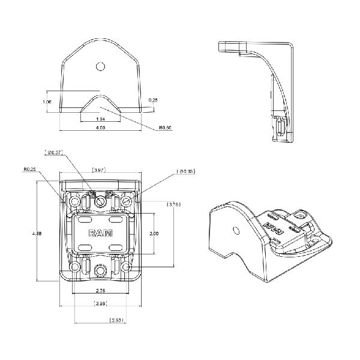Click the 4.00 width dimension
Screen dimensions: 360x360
click(x=100, y=128)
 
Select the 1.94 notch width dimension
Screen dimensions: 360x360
click(x=100, y=120)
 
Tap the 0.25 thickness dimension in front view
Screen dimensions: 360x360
click(x=154, y=100)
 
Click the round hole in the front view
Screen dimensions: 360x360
click(x=101, y=65)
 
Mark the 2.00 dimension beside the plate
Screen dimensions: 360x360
click(x=154, y=233)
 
